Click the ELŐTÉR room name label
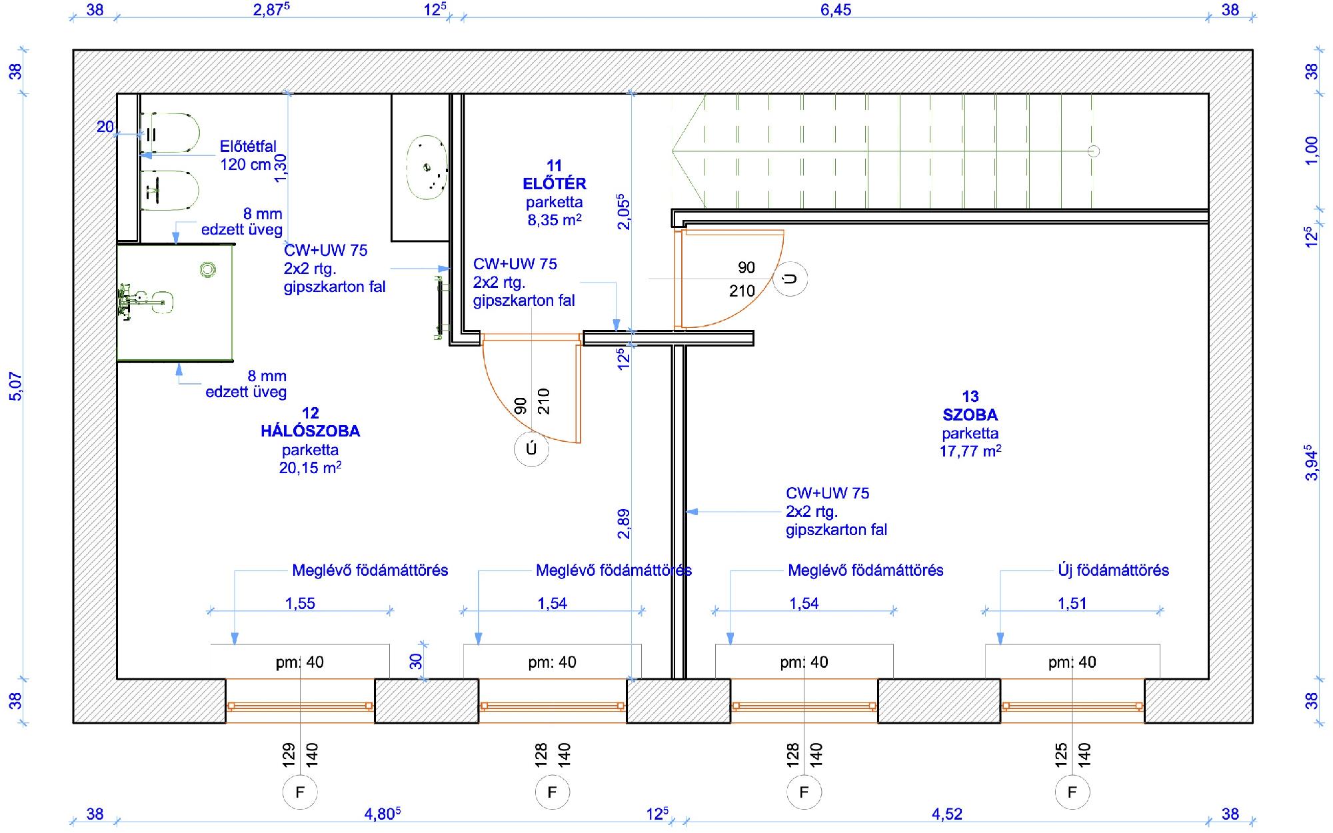[x=555, y=183]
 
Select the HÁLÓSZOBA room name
[x=311, y=431]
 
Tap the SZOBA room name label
[x=970, y=415]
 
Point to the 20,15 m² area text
[x=311, y=468]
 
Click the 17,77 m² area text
[x=970, y=451]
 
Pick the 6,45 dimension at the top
[x=836, y=10]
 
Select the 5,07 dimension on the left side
[x=15, y=387]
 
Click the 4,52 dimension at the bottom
[x=947, y=814]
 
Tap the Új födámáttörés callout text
[x=1114, y=570]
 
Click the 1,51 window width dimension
[x=1072, y=604]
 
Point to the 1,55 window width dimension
[x=300, y=604]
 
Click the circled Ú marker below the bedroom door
[x=531, y=449]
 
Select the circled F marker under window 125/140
[x=1072, y=792]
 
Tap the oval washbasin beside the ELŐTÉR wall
[x=427, y=167]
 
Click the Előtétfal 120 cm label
[x=248, y=155]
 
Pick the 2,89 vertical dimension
[x=623, y=524]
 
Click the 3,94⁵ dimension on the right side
[x=1312, y=462]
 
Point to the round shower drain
[x=208, y=269]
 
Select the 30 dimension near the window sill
[x=416, y=661]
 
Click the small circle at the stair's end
[x=1094, y=151]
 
